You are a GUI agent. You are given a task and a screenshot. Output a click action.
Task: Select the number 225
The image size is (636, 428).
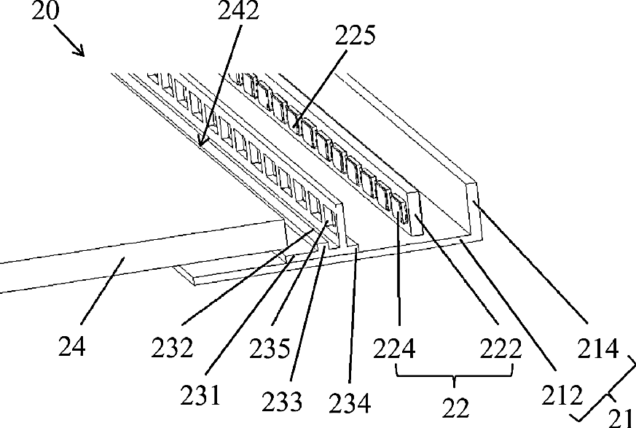pos(355,36)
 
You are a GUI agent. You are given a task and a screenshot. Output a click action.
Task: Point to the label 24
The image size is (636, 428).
pos(72,347)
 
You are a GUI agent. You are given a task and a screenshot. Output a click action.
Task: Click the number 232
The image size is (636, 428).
pos(172,348)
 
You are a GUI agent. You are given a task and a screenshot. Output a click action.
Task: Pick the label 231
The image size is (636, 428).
pos(200,395)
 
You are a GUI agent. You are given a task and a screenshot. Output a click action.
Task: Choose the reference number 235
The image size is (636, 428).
pos(270,349)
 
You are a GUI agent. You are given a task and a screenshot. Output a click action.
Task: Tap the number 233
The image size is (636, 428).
pos(281,402)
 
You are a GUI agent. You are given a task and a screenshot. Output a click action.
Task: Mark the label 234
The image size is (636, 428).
pos(350,404)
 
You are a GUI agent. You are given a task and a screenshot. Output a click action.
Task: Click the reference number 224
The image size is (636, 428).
pos(394,349)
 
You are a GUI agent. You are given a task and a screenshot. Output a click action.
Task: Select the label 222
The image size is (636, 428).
pos(500,349)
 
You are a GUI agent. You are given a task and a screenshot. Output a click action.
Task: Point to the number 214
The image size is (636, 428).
pos(598,349)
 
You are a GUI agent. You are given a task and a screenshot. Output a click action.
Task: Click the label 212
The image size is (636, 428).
pos(562,395)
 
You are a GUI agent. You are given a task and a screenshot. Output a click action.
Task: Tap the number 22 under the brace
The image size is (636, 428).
pos(455,408)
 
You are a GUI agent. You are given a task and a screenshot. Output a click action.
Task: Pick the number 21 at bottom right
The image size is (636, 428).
pos(621,418)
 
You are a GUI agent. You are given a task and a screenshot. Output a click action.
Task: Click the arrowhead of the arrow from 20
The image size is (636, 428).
pos(81,52)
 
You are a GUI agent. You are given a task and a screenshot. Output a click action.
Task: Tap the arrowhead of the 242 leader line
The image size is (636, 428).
pos(200,142)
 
